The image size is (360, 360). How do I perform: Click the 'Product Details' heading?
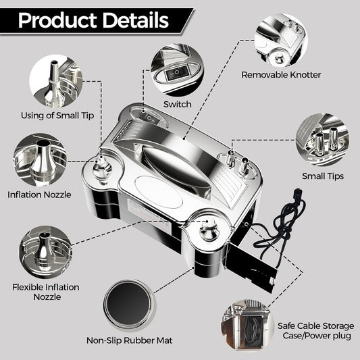(x=93, y=20)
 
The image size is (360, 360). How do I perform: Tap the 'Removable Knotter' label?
(x=281, y=75)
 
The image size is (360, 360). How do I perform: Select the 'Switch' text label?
(x=178, y=104)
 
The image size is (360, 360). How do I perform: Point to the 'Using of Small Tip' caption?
(x=57, y=115)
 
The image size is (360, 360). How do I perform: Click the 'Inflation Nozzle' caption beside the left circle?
(x=39, y=195)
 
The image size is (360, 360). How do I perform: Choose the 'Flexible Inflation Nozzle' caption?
(x=46, y=292)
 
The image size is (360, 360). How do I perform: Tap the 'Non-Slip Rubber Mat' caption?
(x=129, y=340)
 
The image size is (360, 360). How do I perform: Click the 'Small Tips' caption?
(x=323, y=176)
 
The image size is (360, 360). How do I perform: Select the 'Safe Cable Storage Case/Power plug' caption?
(x=316, y=330)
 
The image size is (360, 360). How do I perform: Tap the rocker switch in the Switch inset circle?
(x=177, y=72)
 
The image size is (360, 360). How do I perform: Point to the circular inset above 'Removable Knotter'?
(x=280, y=40)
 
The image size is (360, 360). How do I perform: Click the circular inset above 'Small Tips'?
(x=323, y=140)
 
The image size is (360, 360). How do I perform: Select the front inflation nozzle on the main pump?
(x=209, y=230)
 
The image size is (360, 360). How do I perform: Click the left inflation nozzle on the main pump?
(x=101, y=169)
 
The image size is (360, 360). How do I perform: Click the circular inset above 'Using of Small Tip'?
(x=56, y=82)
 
